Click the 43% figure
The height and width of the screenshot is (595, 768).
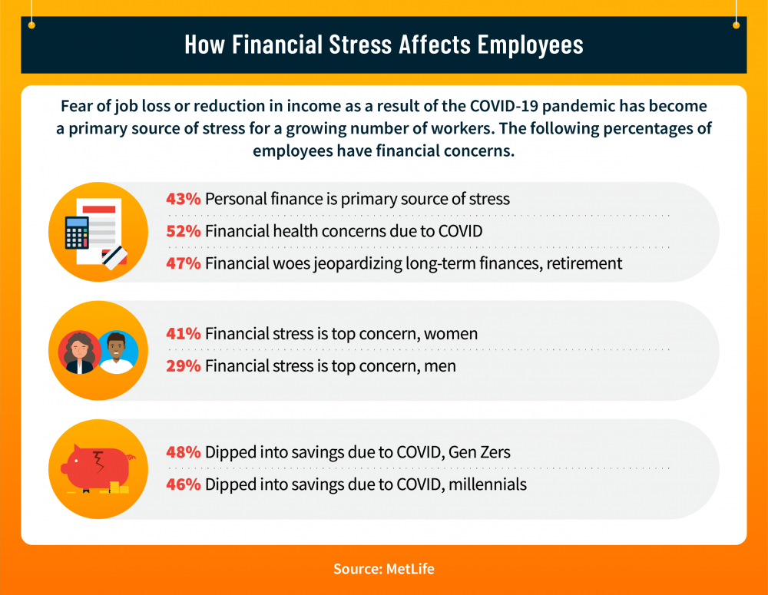(184, 199)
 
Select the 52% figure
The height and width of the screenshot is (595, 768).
(184, 230)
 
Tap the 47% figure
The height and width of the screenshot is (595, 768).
(184, 263)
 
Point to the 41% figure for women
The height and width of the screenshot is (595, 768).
(184, 334)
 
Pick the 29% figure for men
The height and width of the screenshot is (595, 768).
(184, 366)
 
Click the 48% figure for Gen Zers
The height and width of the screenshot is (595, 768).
(184, 452)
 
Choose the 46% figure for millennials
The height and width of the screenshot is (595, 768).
(184, 484)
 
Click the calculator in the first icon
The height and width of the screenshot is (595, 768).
(77, 233)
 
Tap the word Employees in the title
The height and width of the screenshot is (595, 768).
(530, 44)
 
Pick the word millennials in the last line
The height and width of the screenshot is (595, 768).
(488, 484)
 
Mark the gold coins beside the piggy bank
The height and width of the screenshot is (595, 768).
(118, 487)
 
